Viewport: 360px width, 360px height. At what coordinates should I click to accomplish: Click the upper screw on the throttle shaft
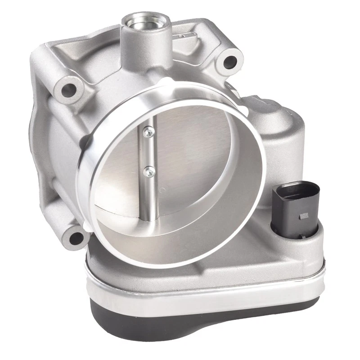coord(146,131)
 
